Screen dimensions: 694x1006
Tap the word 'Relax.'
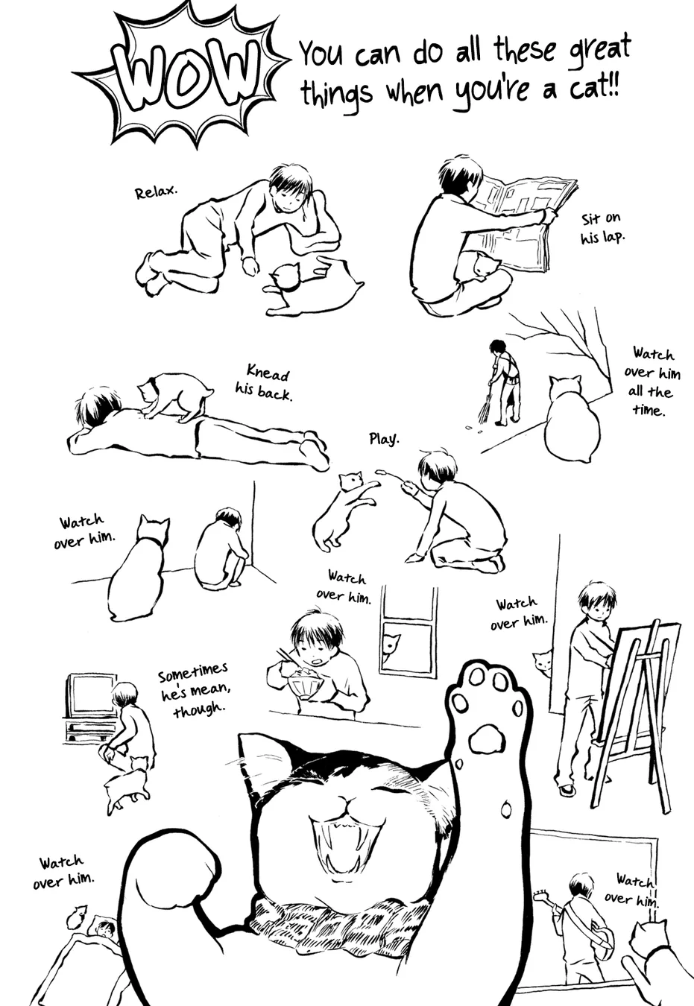156,192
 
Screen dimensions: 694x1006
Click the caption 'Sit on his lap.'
602,228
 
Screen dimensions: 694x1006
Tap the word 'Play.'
384,438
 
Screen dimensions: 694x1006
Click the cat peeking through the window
390,647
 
